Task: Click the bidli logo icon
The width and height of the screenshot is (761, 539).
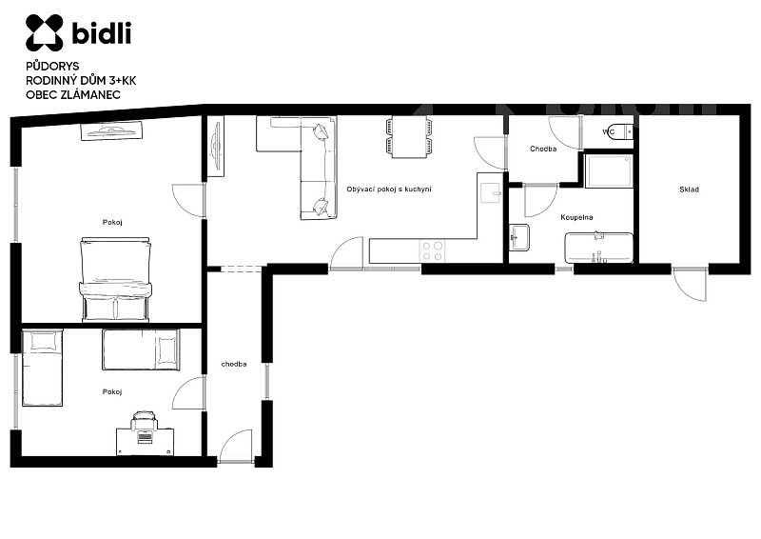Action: pyautogui.click(x=44, y=32)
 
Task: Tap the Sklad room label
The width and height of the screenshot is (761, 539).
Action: pyautogui.click(x=689, y=190)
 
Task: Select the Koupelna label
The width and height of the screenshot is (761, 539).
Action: pyautogui.click(x=576, y=217)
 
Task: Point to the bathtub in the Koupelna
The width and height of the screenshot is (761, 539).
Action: pyautogui.click(x=599, y=248)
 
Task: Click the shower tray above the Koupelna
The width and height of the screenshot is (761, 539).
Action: pyautogui.click(x=609, y=170)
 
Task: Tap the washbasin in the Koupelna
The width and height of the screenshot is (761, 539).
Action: pyautogui.click(x=519, y=237)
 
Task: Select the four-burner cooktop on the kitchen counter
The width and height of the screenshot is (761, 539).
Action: pyautogui.click(x=433, y=251)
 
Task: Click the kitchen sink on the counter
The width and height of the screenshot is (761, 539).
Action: pyautogui.click(x=491, y=193)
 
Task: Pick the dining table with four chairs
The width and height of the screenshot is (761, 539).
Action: pyautogui.click(x=409, y=137)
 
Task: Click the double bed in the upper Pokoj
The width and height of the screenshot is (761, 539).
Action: pyautogui.click(x=115, y=279)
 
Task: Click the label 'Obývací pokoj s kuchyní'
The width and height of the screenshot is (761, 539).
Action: pyautogui.click(x=389, y=190)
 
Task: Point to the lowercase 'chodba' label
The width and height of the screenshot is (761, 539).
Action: pyautogui.click(x=234, y=364)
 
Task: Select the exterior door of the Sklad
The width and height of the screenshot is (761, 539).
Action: pyautogui.click(x=690, y=284)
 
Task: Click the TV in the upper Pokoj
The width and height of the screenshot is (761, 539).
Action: pyautogui.click(x=111, y=130)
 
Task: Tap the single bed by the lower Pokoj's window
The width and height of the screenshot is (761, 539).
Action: pyautogui.click(x=43, y=368)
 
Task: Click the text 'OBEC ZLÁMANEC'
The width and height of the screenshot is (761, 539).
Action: pyautogui.click(x=73, y=95)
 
